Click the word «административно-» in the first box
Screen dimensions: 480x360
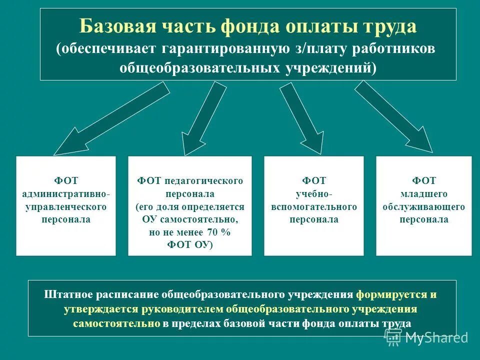pos(66,193)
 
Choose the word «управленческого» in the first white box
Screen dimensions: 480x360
pos(66,206)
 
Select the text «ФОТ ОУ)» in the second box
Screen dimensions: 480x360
pos(190,245)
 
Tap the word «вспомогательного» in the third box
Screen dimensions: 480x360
pos(314,206)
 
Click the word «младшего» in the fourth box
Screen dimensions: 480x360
pos(423,193)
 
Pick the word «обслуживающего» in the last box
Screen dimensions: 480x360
pos(424,206)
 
